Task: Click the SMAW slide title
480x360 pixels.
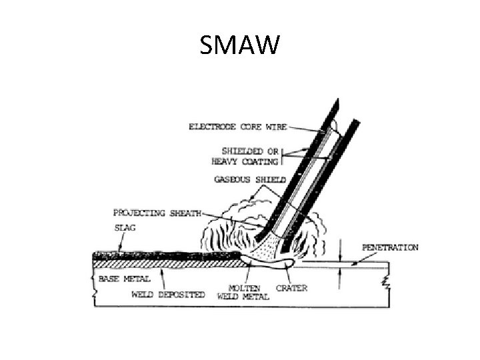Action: pyautogui.click(x=240, y=47)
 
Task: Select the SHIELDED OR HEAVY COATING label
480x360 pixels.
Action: pyautogui.click(x=246, y=156)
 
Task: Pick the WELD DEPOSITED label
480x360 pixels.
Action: pyautogui.click(x=167, y=295)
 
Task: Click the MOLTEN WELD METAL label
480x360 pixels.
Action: pyautogui.click(x=243, y=294)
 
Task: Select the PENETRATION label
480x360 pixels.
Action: pyautogui.click(x=391, y=248)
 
